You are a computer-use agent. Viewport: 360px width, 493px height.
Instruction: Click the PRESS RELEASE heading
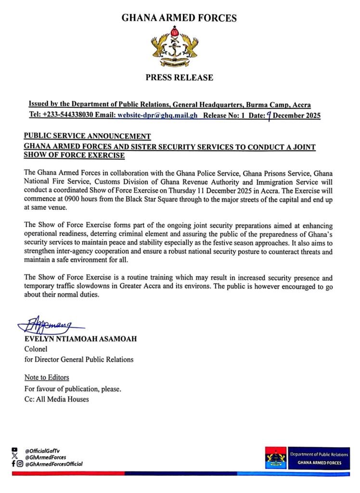(x=179, y=77)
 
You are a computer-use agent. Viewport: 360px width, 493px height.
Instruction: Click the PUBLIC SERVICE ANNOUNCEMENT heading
(x=87, y=136)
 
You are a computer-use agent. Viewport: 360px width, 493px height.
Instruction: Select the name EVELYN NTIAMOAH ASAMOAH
(x=80, y=339)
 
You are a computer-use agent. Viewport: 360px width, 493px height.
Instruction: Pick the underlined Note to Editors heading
(x=47, y=377)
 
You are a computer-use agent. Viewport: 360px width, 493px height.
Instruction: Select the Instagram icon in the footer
(x=19, y=464)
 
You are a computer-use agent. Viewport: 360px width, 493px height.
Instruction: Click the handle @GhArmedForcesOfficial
(x=54, y=464)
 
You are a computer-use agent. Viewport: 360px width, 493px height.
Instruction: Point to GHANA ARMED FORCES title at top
(x=179, y=18)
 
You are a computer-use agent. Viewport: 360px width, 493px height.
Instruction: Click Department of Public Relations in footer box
(x=319, y=454)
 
